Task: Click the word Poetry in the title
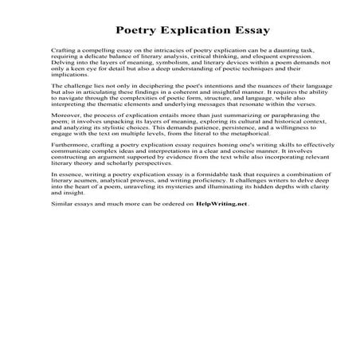pyautogui.click(x=137, y=32)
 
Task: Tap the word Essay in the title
pyautogui.click(x=248, y=32)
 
